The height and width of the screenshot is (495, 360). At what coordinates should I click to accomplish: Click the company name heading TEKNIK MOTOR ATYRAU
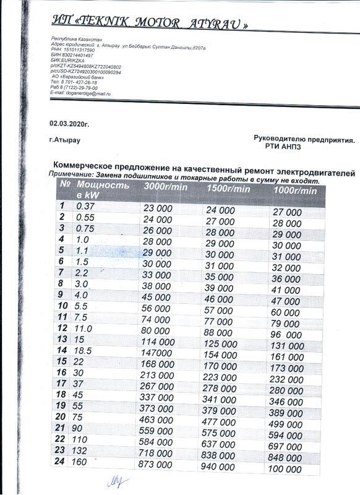(x=151, y=25)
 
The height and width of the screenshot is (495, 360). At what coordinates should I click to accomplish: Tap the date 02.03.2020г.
(x=69, y=124)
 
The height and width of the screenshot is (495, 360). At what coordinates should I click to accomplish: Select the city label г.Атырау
(x=64, y=140)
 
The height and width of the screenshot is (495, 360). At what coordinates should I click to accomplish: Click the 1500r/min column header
(x=228, y=188)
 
